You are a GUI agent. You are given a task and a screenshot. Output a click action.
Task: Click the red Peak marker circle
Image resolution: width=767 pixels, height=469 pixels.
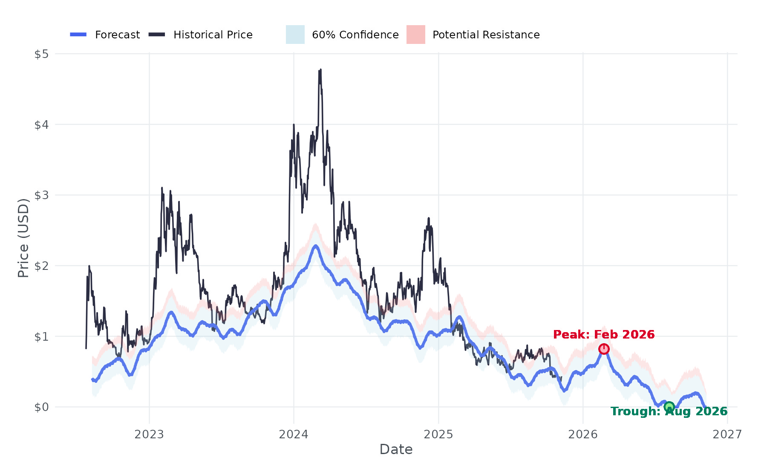click(x=603, y=349)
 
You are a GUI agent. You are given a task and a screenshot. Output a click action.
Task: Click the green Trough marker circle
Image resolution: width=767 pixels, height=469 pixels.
click(x=669, y=407)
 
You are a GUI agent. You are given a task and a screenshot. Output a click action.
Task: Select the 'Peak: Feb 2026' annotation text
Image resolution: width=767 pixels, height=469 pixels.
click(x=603, y=335)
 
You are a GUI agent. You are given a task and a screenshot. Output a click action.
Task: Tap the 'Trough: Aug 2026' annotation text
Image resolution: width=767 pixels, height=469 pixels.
click(x=669, y=411)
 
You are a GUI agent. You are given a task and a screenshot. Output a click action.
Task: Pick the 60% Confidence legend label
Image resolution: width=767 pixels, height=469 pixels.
click(x=355, y=35)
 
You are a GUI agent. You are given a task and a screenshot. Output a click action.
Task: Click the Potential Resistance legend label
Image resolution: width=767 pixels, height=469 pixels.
click(x=486, y=35)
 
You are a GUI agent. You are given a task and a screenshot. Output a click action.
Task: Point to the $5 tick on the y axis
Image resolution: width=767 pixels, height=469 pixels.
click(x=41, y=54)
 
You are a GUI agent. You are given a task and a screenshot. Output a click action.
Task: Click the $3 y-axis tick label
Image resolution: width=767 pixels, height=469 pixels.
click(x=41, y=195)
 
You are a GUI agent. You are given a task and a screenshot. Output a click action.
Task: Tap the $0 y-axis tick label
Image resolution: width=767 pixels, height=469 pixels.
click(x=41, y=407)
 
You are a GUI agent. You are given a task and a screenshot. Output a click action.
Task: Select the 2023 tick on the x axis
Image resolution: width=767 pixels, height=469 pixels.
click(x=149, y=434)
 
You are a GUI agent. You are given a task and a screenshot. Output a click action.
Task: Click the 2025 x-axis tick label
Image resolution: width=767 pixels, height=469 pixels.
click(x=438, y=434)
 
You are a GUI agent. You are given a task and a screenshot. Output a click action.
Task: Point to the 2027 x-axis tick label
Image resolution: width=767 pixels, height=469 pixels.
click(x=727, y=434)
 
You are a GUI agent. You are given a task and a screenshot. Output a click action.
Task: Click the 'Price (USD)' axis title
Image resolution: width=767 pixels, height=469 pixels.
click(x=23, y=238)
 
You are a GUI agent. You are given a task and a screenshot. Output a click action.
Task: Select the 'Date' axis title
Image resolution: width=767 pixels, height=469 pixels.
click(x=396, y=450)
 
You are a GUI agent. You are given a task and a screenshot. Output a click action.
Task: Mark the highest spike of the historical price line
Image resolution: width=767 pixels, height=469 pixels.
click(x=320, y=70)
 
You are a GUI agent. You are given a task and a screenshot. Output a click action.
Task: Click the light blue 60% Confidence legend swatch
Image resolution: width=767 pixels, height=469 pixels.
click(x=295, y=35)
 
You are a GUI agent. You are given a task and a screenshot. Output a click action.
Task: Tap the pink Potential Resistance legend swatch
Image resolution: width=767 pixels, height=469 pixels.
click(x=415, y=35)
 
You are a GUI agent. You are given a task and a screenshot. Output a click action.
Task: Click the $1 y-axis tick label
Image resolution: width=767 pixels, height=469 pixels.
click(x=41, y=337)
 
